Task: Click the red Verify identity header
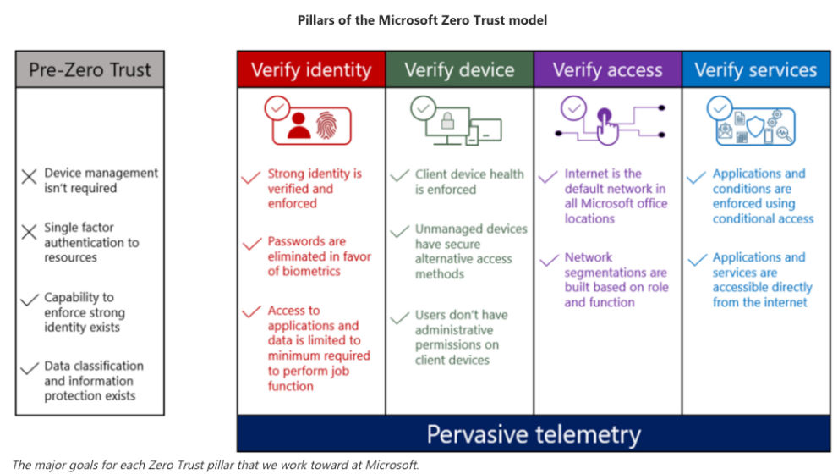311,69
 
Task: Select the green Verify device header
459,69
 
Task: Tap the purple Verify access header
607,69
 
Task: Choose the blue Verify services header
755,69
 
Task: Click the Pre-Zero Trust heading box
90,69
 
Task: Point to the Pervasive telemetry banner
534,434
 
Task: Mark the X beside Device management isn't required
30,177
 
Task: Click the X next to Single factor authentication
30,231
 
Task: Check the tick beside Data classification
30,368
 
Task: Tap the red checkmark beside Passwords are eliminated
251,245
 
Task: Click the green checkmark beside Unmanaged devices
399,232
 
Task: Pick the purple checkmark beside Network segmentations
547,260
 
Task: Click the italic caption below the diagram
216,465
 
